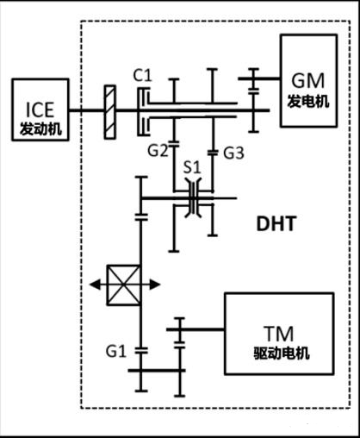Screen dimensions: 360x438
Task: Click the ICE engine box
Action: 40,109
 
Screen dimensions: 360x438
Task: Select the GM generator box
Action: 308,80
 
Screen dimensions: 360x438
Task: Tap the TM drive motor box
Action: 279,334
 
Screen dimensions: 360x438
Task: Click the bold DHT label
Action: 276,224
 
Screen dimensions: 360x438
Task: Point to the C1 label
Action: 142,76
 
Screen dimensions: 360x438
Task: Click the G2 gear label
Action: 158,150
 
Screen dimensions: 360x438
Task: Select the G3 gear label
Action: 234,153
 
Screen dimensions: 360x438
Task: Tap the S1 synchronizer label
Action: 192,167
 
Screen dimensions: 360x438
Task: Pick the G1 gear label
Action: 116,351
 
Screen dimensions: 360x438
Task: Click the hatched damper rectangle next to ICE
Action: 110,112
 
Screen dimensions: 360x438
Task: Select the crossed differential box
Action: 123,285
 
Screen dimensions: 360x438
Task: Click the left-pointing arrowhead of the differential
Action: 95,285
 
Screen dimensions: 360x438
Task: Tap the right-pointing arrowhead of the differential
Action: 155,285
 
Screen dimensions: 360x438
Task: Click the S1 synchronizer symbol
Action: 193,198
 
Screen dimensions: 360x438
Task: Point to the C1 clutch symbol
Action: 145,111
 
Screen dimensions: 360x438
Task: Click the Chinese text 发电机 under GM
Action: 308,102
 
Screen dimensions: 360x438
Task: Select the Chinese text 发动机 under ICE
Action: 40,129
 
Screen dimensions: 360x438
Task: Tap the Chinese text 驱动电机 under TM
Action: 282,354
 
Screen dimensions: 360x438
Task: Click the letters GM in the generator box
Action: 308,81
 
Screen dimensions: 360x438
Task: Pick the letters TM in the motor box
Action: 279,334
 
